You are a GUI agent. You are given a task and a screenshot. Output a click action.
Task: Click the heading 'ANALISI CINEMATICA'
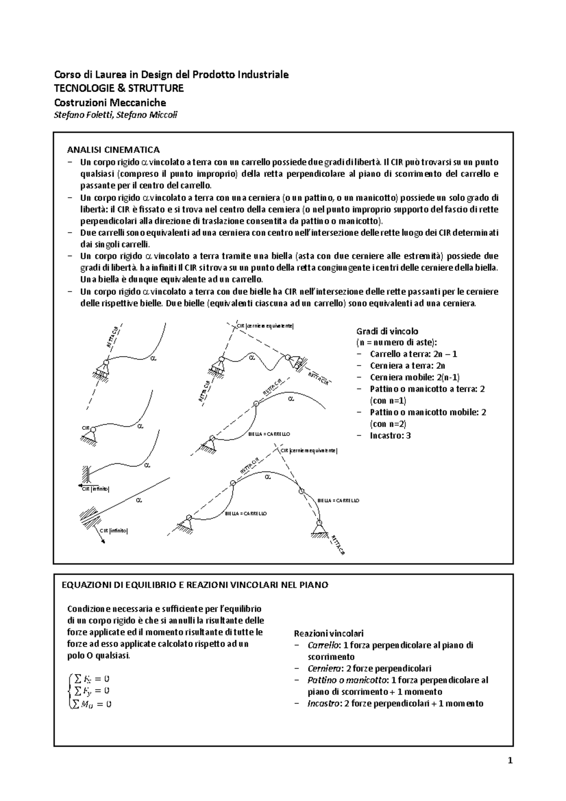tap(114, 150)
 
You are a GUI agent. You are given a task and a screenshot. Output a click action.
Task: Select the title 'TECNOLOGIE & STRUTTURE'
tap(119, 88)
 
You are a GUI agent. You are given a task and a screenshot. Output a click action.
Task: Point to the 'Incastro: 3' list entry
tap(390, 435)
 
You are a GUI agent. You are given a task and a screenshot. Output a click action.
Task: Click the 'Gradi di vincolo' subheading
tap(387, 331)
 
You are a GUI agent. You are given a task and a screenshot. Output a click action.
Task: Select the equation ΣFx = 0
tap(90, 679)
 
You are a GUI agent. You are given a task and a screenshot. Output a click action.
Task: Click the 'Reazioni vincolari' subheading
tap(329, 634)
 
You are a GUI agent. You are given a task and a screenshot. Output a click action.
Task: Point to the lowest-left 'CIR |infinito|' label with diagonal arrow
tap(113, 531)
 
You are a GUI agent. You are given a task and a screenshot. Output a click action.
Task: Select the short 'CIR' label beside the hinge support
tap(85, 428)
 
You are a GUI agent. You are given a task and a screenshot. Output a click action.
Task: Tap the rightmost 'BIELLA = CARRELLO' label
tap(338, 500)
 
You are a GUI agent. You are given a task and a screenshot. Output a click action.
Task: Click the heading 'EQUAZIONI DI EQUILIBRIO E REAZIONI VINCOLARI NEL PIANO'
tap(195, 585)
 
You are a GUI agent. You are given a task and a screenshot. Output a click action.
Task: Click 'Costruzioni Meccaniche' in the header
tap(110, 102)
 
